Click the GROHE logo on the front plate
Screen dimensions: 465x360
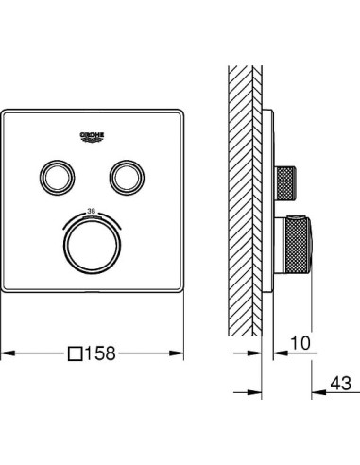pos(93,135)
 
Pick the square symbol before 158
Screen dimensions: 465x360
pos(75,353)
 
